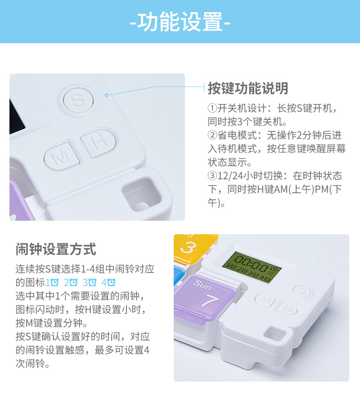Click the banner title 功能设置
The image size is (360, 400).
(180, 22)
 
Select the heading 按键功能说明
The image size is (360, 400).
(247, 88)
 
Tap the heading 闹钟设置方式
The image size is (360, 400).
(56, 249)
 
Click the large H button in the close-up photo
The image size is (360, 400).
(98, 143)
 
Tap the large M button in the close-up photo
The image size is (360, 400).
(62, 158)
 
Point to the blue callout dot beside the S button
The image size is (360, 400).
(107, 95)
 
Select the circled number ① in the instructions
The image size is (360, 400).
(212, 109)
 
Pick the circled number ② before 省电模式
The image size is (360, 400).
(212, 135)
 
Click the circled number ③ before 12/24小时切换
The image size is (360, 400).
(212, 175)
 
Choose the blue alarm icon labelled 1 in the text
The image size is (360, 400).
(52, 282)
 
